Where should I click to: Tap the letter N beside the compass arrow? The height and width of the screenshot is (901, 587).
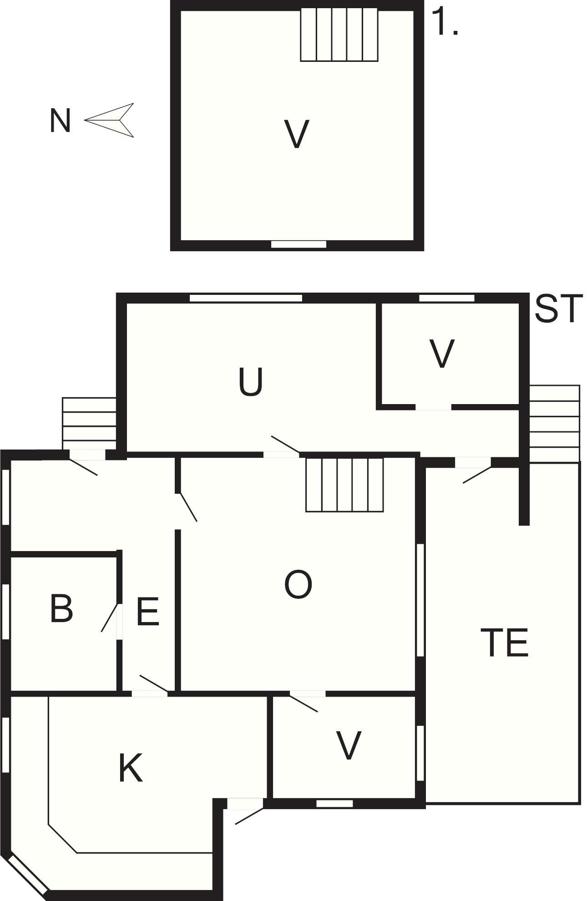coord(60,121)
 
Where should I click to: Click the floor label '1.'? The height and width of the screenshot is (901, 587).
coord(445,22)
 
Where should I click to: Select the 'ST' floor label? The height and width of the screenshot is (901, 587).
coord(558,309)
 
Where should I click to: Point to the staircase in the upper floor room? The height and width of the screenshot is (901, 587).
coord(339,35)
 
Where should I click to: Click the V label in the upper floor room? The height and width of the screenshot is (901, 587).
coord(297,134)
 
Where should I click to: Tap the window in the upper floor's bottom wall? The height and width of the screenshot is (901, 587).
coord(299,244)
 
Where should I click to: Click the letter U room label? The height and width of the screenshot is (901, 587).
coord(251,381)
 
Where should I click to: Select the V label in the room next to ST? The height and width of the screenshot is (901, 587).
coord(442,353)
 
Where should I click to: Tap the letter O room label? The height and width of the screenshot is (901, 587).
coord(298,584)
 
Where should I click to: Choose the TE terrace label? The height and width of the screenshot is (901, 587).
coord(505,642)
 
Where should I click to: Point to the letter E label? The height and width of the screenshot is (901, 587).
coord(148,612)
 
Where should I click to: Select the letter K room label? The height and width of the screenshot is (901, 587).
coord(131,768)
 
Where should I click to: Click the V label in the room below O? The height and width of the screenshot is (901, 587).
coord(349,745)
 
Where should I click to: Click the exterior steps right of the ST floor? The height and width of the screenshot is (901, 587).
coord(555,424)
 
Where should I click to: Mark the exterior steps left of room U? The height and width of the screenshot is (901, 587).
coord(89,423)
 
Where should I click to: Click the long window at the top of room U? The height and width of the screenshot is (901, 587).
coord(246,298)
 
